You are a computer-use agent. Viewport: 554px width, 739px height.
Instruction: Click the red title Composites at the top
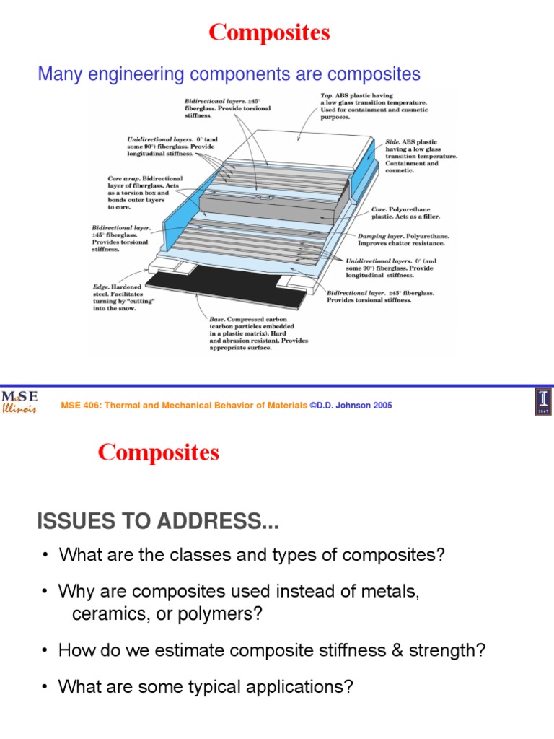pyautogui.click(x=269, y=32)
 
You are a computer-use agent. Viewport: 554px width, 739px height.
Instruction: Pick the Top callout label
pyautogui.click(x=374, y=105)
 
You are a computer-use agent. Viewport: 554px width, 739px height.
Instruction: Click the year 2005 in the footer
pyautogui.click(x=383, y=406)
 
